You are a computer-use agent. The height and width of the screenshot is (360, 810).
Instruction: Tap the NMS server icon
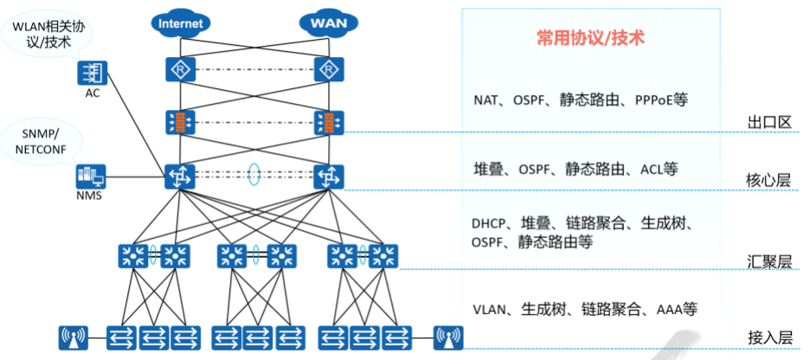pyautogui.click(x=90, y=177)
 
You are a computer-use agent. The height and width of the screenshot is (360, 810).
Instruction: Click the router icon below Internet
pyautogui.click(x=179, y=69)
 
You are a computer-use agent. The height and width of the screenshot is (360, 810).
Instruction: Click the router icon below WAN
pyautogui.click(x=328, y=69)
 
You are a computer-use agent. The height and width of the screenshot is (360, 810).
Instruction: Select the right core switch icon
pyautogui.click(x=328, y=177)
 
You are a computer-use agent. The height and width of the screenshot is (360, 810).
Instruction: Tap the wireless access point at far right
pyautogui.click(x=448, y=335)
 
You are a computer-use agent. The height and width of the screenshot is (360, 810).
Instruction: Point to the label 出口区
pyautogui.click(x=769, y=122)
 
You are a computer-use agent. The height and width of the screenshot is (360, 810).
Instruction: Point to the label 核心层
pyautogui.click(x=769, y=180)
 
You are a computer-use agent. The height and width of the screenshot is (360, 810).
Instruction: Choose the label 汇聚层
pyautogui.click(x=769, y=261)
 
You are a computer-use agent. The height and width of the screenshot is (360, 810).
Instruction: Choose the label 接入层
pyautogui.click(x=769, y=337)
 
